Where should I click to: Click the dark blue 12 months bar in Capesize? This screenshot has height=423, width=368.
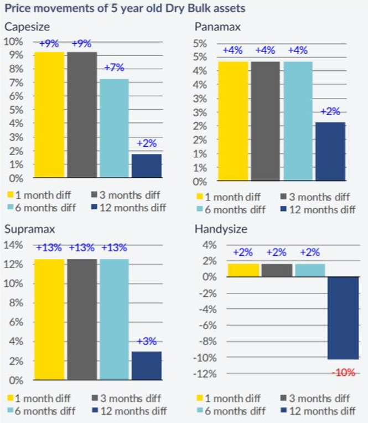147,166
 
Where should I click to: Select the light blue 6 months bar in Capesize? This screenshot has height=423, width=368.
114,128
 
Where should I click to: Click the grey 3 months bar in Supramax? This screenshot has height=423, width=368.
82,319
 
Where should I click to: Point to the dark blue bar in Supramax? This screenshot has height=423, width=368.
147,365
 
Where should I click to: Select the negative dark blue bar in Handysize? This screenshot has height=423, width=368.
343,318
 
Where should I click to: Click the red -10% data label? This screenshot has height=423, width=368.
343,373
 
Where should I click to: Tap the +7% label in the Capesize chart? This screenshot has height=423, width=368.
114,68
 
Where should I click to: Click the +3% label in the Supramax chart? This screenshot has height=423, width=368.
147,341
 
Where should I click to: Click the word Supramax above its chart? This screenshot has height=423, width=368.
26,228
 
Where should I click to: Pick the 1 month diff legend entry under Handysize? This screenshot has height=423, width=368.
229,398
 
